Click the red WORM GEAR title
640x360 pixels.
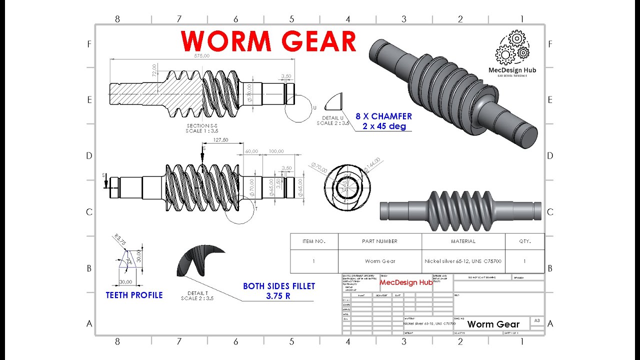(269, 41)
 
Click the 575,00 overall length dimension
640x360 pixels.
(201, 56)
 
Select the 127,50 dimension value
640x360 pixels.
(220, 140)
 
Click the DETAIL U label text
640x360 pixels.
(332, 117)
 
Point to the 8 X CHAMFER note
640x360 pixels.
(383, 116)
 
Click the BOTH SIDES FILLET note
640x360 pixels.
(279, 286)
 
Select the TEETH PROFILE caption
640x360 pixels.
(134, 295)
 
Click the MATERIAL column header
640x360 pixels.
(463, 241)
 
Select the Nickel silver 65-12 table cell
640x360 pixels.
(463, 261)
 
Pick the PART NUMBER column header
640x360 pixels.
(379, 241)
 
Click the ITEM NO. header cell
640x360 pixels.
(314, 241)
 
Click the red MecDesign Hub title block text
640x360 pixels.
(406, 282)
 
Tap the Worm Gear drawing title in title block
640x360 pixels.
(493, 324)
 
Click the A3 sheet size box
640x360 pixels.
(537, 320)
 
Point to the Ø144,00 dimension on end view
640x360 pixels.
(373, 163)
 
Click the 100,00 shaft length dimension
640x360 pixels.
(275, 151)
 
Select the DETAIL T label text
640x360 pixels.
(197, 293)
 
